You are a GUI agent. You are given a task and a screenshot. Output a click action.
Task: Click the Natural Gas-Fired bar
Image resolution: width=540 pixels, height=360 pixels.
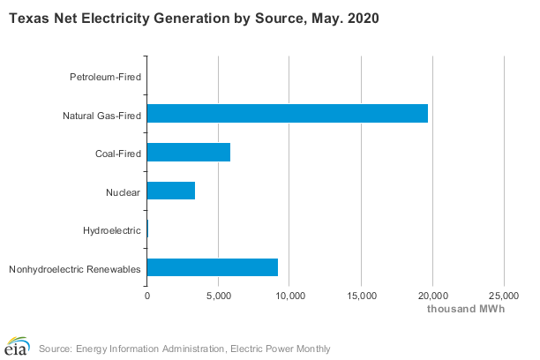(x=288, y=113)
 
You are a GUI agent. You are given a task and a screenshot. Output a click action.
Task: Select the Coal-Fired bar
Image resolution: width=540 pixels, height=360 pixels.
(x=189, y=152)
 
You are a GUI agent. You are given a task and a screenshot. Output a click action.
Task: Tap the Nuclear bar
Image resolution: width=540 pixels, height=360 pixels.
(x=171, y=191)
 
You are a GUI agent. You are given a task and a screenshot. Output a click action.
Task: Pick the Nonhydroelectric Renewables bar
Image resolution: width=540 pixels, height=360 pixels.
(x=213, y=267)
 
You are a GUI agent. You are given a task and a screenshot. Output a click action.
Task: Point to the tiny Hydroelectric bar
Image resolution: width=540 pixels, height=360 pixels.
(x=147, y=229)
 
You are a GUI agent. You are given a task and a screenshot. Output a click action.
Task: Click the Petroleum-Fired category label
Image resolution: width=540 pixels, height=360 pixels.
(x=105, y=77)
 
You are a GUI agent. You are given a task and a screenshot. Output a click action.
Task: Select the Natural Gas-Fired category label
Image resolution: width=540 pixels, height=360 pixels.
(x=102, y=116)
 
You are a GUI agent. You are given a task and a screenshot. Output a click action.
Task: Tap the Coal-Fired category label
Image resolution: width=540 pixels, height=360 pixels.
(x=118, y=154)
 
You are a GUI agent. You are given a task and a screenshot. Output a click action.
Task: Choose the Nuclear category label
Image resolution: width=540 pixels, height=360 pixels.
(x=123, y=192)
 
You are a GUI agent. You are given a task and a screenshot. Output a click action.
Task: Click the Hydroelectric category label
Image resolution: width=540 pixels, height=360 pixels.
(x=112, y=230)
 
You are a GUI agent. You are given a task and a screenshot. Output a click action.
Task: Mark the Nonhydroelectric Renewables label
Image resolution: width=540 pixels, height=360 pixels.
(x=75, y=269)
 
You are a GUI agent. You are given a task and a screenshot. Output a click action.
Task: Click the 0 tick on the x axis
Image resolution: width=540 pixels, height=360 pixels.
(x=147, y=296)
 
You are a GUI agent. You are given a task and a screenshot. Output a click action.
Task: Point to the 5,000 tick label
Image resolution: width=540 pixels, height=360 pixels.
(x=218, y=296)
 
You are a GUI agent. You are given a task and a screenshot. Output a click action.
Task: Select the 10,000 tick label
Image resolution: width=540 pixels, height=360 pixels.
(x=290, y=296)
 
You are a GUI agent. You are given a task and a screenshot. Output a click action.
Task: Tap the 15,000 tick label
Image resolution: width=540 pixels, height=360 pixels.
(x=362, y=296)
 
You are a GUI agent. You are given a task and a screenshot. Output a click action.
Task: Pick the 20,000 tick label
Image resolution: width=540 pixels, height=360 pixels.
(x=433, y=296)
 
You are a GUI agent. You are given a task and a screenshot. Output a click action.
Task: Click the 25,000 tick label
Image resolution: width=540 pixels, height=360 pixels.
(x=504, y=296)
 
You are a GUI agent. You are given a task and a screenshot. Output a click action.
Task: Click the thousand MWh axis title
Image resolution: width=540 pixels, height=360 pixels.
(x=466, y=309)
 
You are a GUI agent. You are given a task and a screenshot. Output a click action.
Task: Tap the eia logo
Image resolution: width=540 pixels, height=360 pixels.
(x=18, y=346)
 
